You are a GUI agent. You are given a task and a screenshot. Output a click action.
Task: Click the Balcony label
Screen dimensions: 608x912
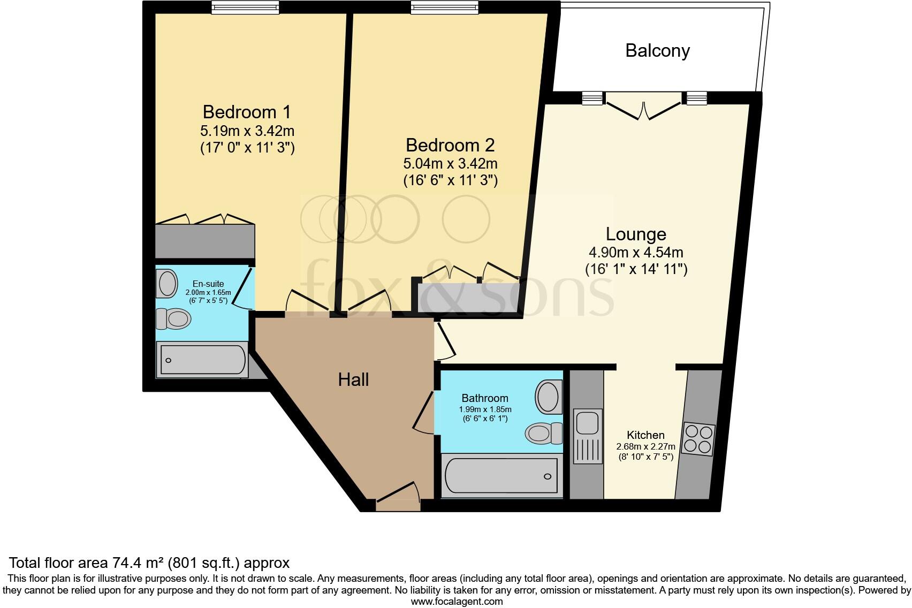point(657,51)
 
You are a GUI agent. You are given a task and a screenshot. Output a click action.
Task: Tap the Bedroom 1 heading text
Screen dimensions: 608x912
point(247,112)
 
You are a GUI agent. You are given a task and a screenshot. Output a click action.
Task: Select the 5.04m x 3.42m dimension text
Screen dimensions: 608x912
point(450,163)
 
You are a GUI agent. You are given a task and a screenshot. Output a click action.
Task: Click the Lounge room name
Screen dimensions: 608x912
point(636,234)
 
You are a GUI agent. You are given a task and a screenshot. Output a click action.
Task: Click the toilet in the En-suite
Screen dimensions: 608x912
point(173,320)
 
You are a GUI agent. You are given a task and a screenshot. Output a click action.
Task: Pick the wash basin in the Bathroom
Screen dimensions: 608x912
point(548,396)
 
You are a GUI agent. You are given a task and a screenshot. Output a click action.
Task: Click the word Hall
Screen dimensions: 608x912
point(353,380)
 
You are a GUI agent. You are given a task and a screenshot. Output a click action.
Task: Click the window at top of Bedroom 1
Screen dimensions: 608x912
point(245,7)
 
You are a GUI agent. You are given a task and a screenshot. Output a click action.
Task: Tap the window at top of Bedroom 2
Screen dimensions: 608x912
point(444,7)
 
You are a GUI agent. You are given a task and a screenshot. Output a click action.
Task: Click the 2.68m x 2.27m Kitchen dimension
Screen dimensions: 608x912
point(645,446)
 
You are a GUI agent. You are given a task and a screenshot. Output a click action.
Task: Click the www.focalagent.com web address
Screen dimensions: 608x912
point(457,601)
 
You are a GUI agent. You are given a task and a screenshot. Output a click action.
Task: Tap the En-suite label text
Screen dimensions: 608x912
point(208,284)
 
